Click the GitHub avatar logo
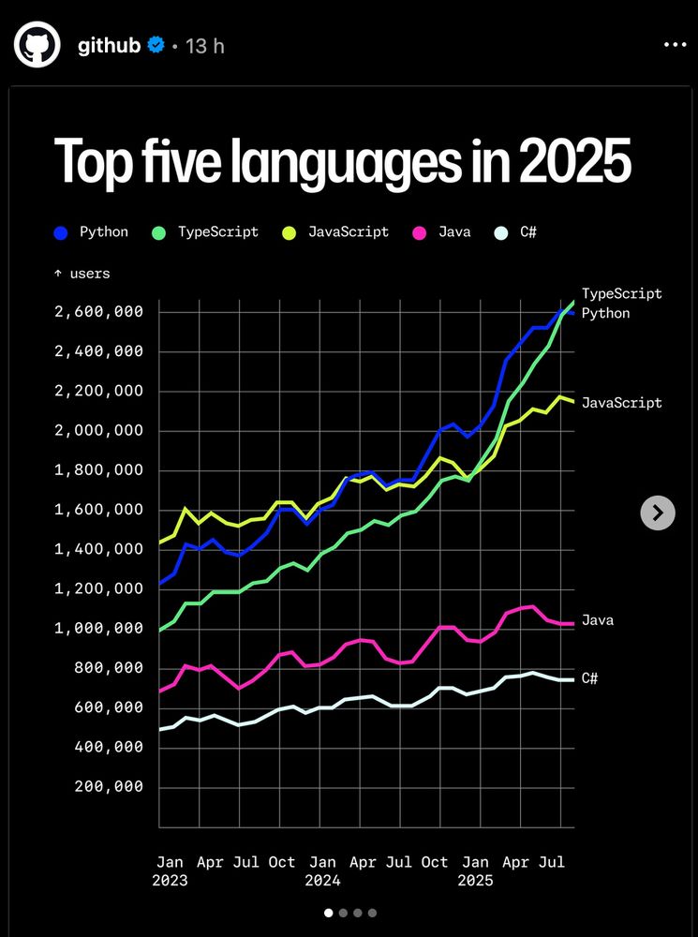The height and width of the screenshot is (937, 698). pyautogui.click(x=37, y=45)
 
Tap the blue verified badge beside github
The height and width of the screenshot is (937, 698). pyautogui.click(x=157, y=44)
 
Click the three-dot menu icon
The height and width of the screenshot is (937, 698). pyautogui.click(x=675, y=44)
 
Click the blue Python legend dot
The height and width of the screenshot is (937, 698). pyautogui.click(x=62, y=232)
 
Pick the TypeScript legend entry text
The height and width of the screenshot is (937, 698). pyautogui.click(x=217, y=231)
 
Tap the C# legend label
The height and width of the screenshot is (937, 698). pyautogui.click(x=527, y=231)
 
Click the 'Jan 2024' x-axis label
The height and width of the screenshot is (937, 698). pyautogui.click(x=322, y=870)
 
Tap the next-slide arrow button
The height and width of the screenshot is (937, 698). pyautogui.click(x=658, y=512)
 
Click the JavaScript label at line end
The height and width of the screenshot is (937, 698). pyautogui.click(x=621, y=403)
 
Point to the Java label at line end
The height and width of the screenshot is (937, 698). pyautogui.click(x=598, y=620)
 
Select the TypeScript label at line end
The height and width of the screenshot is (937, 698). pyautogui.click(x=621, y=293)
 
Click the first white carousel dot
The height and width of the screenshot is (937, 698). pyautogui.click(x=329, y=912)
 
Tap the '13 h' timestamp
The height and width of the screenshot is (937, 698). pyautogui.click(x=205, y=45)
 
